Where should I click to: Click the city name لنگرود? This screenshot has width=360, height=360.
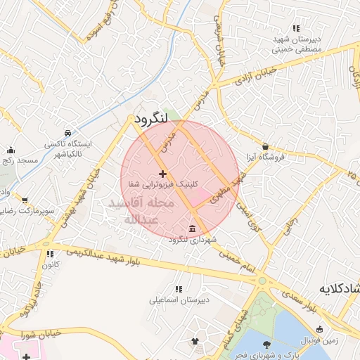150,118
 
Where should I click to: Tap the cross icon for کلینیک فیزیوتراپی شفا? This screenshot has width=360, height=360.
162,173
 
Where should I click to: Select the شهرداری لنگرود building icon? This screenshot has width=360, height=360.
193,229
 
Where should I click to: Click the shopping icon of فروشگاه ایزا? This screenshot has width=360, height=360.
265,146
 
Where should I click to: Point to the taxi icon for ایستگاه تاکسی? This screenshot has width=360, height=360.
67,133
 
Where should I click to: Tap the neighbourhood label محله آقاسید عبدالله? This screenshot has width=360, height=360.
134,211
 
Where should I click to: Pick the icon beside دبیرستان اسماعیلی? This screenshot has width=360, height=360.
178,289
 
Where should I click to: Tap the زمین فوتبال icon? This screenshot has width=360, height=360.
320,329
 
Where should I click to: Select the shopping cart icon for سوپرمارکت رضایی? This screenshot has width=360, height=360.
25,200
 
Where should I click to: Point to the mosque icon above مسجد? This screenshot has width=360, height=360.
11,150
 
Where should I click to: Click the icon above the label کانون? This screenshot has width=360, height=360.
49,254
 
